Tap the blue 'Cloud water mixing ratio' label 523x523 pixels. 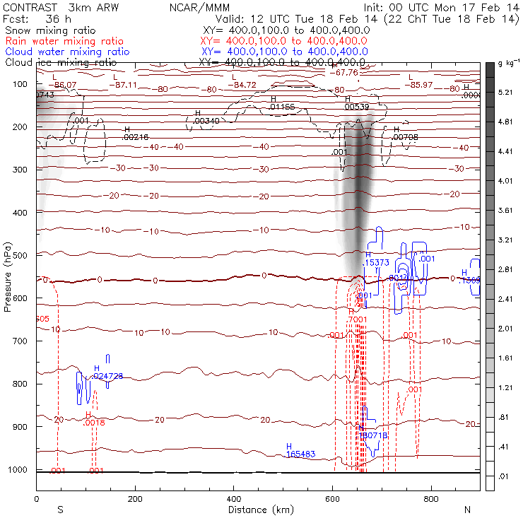tap(67, 52)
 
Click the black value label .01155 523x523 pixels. tap(282, 107)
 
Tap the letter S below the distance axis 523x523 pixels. tap(60, 510)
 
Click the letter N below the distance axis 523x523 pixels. tap(467, 510)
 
